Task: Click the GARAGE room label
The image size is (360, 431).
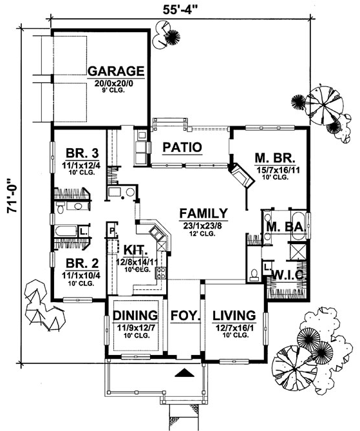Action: pyautogui.click(x=116, y=72)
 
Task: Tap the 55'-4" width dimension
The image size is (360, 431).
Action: pyautogui.click(x=180, y=10)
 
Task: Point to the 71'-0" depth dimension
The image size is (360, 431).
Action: pyautogui.click(x=12, y=196)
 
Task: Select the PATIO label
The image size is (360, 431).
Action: pyautogui.click(x=182, y=148)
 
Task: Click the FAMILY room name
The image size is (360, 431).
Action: pyautogui.click(x=204, y=213)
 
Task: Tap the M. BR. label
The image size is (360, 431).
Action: pyautogui.click(x=275, y=158)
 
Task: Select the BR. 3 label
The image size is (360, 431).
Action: pyautogui.click(x=82, y=153)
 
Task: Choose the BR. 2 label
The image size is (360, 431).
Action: pyautogui.click(x=82, y=263)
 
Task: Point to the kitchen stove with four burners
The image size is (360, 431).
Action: pyautogui.click(x=161, y=273)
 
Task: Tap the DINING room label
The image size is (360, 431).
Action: pyautogui.click(x=135, y=315)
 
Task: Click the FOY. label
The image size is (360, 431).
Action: pyautogui.click(x=185, y=315)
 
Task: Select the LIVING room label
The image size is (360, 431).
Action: pyautogui.click(x=234, y=315)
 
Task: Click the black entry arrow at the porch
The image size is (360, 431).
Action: pyautogui.click(x=185, y=372)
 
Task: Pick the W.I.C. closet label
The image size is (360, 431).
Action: pyautogui.click(x=288, y=274)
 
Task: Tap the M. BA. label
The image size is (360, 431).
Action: pyautogui.click(x=286, y=227)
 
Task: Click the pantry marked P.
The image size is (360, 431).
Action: pyautogui.click(x=112, y=231)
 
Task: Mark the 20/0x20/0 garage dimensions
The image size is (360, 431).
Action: pyautogui.click(x=113, y=83)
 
